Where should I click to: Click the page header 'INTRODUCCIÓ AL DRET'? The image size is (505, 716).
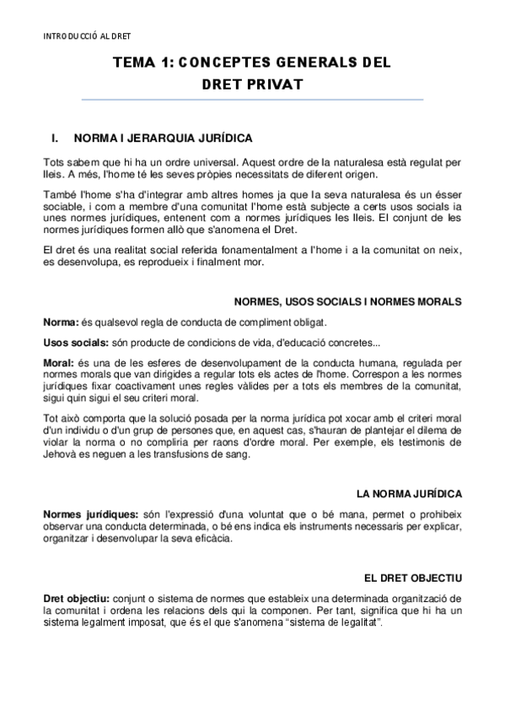click(x=86, y=36)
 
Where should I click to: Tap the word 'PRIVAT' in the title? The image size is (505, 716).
click(x=273, y=84)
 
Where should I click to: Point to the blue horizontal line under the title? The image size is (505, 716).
click(x=252, y=100)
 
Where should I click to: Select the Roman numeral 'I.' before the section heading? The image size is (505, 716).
click(x=56, y=137)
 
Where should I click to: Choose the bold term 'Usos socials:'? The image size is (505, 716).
click(x=74, y=342)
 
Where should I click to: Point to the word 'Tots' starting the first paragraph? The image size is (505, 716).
click(x=55, y=160)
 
